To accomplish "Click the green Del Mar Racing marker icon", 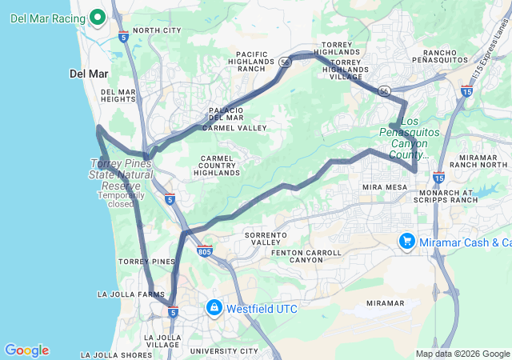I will coord(98,16).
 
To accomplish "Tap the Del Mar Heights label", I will coord(118,96).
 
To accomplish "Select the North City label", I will coord(157,30).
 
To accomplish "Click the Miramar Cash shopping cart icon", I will coord(407,241).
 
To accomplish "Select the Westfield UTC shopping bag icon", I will coord(214,307).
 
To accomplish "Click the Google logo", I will coord(26,350).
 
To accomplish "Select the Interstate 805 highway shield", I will coord(206,250).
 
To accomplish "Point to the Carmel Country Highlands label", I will coord(216,166).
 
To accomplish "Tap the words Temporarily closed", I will coord(122,199).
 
